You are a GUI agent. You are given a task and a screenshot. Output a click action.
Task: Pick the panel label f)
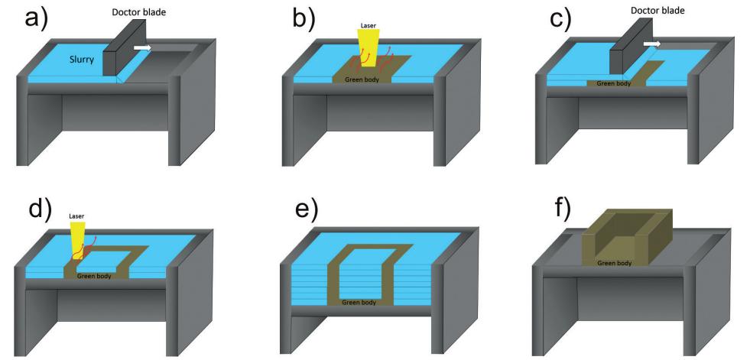coord(557,208)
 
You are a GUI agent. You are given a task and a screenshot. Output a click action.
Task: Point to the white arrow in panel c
coord(651,44)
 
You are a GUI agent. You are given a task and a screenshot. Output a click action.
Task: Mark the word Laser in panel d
coord(77,216)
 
